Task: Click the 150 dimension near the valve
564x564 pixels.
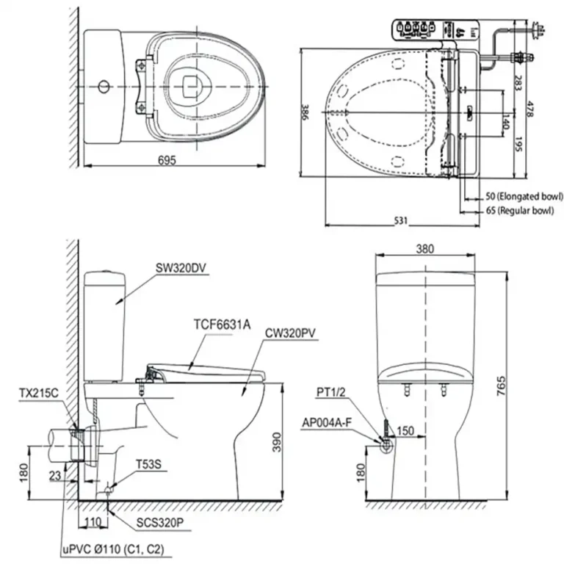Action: pyautogui.click(x=405, y=430)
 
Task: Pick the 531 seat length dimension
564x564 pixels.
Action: pyautogui.click(x=397, y=220)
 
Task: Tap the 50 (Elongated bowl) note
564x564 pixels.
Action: pyautogui.click(x=524, y=196)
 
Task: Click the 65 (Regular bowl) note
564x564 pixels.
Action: pyautogui.click(x=519, y=210)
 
